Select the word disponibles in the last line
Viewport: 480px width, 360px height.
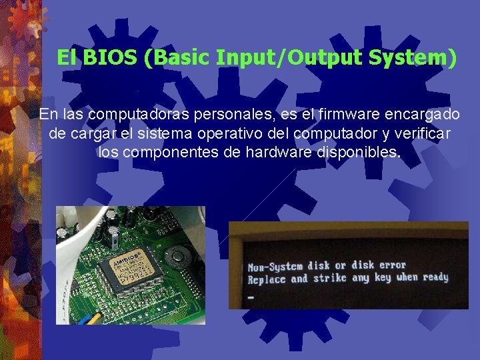(x=367, y=153)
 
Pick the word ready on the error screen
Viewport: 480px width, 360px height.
(x=435, y=277)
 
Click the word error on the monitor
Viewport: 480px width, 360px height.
(x=393, y=265)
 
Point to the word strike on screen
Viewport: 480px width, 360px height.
(x=331, y=279)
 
